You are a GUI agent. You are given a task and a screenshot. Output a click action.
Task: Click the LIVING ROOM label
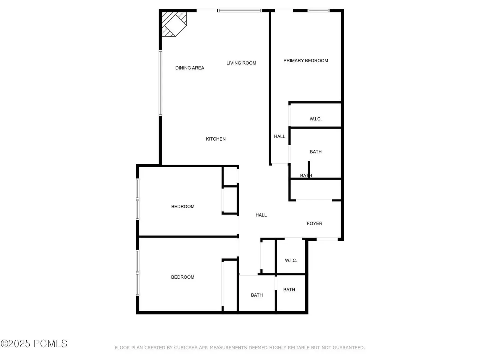click(241, 63)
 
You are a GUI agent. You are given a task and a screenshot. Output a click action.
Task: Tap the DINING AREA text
click(190, 68)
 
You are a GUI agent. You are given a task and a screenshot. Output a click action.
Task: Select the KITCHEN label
click(216, 139)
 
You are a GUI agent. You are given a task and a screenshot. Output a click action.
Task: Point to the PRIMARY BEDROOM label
click(306, 60)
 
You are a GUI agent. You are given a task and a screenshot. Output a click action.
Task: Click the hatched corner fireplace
click(174, 24)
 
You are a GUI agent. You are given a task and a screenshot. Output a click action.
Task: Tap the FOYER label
click(315, 223)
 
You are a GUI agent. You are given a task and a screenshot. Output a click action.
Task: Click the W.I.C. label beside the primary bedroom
click(315, 119)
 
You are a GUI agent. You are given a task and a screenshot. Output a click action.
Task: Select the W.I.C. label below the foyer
click(291, 260)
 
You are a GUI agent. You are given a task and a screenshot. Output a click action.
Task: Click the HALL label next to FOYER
click(261, 215)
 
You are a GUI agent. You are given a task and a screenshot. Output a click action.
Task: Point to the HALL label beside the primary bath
click(279, 136)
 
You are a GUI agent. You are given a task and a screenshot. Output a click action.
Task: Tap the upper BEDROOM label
click(183, 207)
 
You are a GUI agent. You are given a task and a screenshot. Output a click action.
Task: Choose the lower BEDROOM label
click(183, 277)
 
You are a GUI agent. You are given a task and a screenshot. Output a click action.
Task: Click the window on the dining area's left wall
click(160, 83)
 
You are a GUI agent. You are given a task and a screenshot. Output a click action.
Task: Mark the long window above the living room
click(240, 10)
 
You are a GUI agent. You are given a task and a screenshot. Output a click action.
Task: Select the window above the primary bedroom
click(318, 10)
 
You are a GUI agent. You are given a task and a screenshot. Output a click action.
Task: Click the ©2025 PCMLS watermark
click(34, 344)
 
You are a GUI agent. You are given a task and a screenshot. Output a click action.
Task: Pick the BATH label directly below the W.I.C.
click(315, 152)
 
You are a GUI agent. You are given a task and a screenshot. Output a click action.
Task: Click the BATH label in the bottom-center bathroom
click(257, 295)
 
